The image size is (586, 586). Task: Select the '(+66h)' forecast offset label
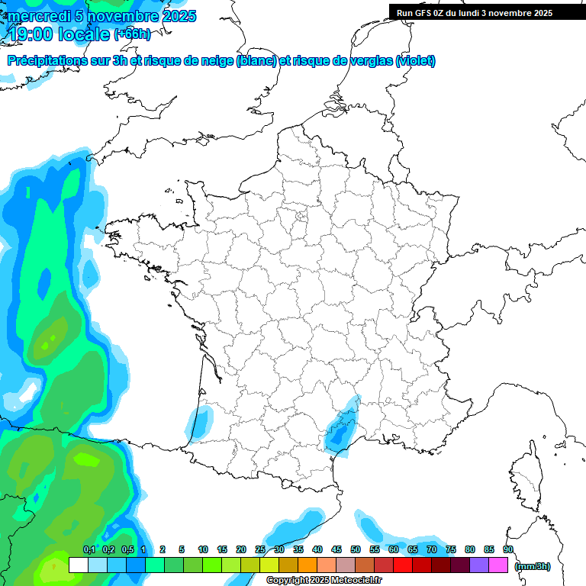tap(132, 34)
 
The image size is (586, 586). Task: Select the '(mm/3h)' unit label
tap(532, 566)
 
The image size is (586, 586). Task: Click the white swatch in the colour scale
tap(78, 565)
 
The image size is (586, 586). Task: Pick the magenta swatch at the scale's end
tap(499, 565)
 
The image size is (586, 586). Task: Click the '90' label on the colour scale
tap(508, 549)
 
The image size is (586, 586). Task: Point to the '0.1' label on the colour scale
tap(89, 549)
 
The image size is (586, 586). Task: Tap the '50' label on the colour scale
tap(356, 549)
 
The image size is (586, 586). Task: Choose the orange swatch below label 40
tap(307, 565)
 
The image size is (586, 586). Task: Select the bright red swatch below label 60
tap(403, 565)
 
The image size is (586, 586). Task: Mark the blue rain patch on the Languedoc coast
tap(340, 431)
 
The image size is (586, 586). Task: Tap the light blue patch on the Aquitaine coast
tap(198, 422)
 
